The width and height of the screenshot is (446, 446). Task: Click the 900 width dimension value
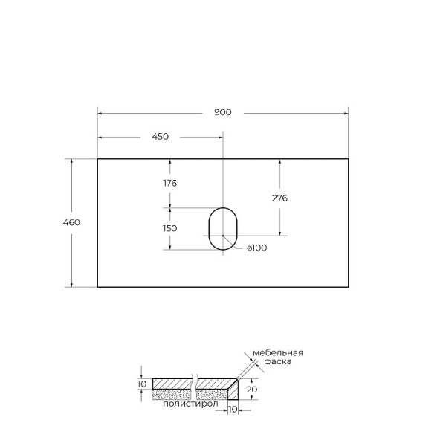pos(223,113)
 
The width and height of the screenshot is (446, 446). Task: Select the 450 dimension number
pos(160,137)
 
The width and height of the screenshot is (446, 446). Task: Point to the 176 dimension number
pos(169,183)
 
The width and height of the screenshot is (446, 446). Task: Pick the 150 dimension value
pos(169,228)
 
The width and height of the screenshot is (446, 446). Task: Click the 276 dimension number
pos(279,198)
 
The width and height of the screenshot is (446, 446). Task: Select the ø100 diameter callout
pos(256,248)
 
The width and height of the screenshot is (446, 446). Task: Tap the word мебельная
pos(277,352)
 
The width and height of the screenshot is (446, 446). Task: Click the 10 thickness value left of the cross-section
pos(142,384)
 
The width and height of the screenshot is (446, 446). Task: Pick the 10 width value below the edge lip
pos(232,410)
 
